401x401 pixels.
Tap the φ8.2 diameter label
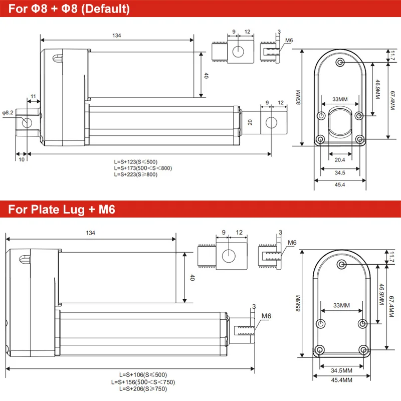tap(8, 113)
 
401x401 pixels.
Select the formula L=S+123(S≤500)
tap(135, 161)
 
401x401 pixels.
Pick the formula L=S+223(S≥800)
tap(135, 174)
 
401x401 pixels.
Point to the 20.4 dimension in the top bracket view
tap(340, 160)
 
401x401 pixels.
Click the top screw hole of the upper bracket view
tap(341, 62)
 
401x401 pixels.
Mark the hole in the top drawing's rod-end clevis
tap(272, 122)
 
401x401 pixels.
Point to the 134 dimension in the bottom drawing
tap(90, 233)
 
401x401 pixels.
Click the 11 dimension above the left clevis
tap(33, 96)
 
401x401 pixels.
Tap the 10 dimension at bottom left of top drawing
tap(21, 159)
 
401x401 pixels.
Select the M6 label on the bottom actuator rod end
tap(266, 316)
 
